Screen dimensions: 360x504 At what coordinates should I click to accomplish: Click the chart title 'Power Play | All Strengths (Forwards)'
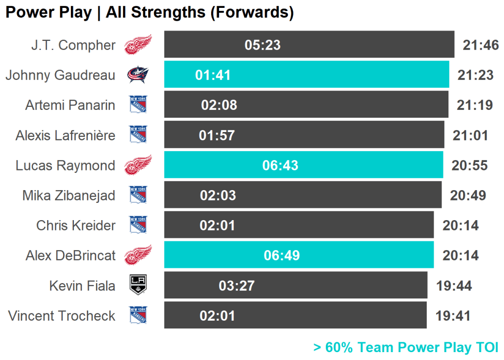point(149,13)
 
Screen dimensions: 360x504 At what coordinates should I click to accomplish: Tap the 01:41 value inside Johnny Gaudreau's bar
point(213,75)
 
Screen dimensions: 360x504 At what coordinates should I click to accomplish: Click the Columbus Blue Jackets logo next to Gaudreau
point(138,75)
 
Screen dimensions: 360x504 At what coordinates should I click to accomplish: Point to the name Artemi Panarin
point(70,105)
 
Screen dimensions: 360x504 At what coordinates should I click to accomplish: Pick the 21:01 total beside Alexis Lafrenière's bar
point(470,135)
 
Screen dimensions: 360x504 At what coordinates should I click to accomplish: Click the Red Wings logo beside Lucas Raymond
point(138,165)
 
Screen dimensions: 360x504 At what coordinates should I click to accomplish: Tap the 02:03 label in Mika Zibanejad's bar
point(218,196)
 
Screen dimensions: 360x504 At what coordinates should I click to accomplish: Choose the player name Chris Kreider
point(76,226)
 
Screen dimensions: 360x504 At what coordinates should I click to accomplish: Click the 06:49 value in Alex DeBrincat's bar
point(282,256)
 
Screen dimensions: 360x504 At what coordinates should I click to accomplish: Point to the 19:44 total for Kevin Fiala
point(454,286)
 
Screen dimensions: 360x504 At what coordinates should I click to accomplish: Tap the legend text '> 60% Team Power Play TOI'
point(406,347)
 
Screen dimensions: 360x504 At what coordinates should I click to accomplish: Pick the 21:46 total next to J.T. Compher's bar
point(480,45)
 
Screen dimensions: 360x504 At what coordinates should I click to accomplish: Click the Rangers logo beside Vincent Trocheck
point(138,315)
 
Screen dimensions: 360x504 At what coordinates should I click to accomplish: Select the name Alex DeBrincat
point(70,256)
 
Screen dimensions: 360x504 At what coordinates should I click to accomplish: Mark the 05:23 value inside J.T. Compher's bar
point(262,45)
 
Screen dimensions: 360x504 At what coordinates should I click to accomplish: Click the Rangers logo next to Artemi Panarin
point(138,105)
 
